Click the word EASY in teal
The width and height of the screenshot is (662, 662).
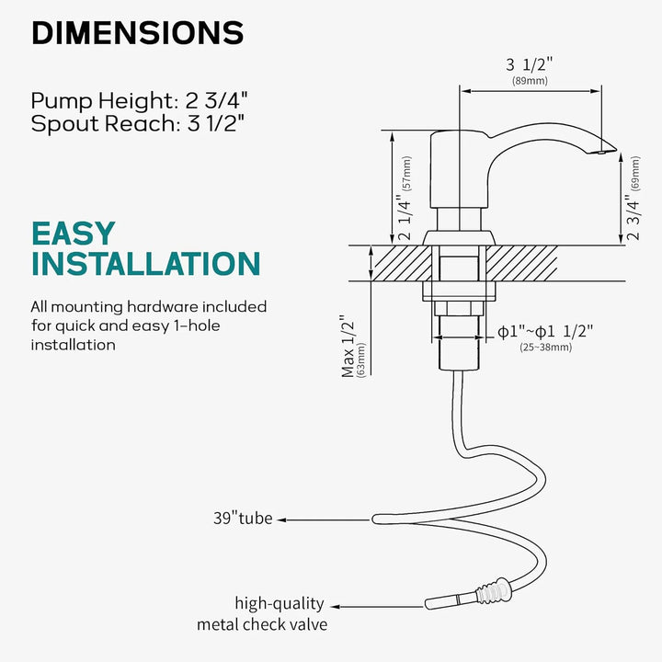pyautogui.click(x=74, y=234)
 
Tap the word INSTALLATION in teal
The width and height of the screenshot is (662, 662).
pyautogui.click(x=146, y=264)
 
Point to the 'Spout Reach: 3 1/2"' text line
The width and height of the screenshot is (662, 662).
pyautogui.click(x=138, y=124)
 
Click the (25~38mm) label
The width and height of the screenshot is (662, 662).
pyautogui.click(x=545, y=348)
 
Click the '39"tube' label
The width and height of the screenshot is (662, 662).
pyautogui.click(x=243, y=519)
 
